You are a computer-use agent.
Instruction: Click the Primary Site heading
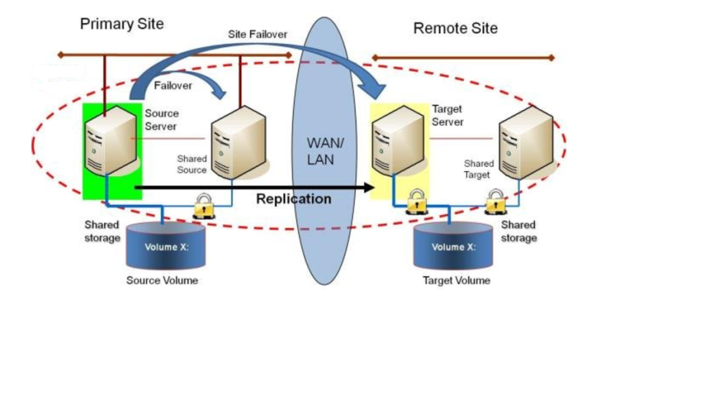coord(122,24)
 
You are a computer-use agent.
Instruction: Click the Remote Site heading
coord(455,29)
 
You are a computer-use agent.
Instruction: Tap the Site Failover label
coord(257,34)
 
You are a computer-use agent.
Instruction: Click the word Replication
coord(293,199)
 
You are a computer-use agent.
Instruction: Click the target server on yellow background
coord(396,144)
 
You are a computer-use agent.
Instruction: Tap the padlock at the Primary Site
coord(203,206)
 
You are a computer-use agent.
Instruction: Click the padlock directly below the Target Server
coord(415,202)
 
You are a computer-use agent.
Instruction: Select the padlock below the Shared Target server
coord(495,202)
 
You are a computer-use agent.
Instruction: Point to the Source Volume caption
coord(162,280)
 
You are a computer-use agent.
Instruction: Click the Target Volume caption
coord(456,280)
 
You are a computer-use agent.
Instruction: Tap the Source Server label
coord(161,119)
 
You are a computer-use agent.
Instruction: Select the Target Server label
coord(447,115)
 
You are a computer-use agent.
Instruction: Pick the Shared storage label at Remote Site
coord(518,231)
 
